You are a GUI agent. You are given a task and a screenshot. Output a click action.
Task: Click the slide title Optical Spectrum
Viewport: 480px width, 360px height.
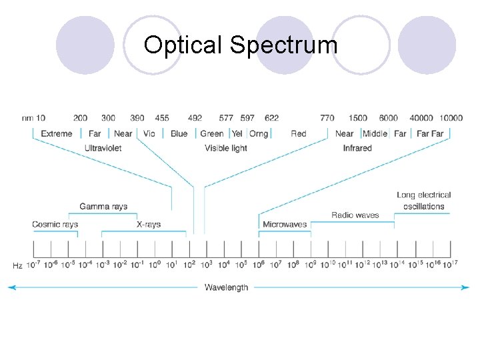(241, 45)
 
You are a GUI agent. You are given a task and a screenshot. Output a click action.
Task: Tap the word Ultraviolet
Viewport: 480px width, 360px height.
(103, 148)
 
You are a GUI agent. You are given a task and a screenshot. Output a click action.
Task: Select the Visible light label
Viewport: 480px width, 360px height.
(226, 148)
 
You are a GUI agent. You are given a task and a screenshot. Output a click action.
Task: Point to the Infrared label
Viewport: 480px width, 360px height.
(357, 148)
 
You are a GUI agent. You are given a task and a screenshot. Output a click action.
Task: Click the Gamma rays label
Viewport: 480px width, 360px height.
(103, 207)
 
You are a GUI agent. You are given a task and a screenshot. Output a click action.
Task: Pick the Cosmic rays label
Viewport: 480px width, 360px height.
(55, 225)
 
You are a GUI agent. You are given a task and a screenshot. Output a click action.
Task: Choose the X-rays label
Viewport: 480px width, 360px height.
(148, 225)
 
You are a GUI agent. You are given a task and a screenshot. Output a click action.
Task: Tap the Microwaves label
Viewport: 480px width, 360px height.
(285, 225)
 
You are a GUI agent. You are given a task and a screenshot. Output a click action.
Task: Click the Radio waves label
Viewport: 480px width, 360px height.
(355, 215)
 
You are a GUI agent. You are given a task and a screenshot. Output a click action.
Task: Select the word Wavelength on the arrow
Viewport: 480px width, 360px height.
(226, 287)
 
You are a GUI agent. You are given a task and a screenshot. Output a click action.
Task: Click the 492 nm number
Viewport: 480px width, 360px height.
(195, 118)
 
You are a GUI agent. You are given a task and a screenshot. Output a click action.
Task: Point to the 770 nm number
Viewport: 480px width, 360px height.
(327, 118)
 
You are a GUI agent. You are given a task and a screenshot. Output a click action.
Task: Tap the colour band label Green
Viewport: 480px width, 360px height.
(212, 133)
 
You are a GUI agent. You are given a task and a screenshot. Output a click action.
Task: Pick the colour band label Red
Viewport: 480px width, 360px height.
(299, 133)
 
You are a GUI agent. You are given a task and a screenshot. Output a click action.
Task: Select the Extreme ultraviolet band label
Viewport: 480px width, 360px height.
(57, 133)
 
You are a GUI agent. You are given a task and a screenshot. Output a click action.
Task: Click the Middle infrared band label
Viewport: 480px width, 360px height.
(375, 133)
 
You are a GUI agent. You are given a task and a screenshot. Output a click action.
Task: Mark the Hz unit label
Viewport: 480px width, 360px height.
(18, 265)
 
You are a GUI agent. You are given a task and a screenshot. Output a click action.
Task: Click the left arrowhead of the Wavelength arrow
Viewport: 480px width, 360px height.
(11, 287)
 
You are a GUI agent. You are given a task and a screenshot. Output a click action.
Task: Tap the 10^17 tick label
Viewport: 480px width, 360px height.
(450, 264)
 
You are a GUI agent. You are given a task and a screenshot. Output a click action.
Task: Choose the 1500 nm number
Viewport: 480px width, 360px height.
(357, 118)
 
